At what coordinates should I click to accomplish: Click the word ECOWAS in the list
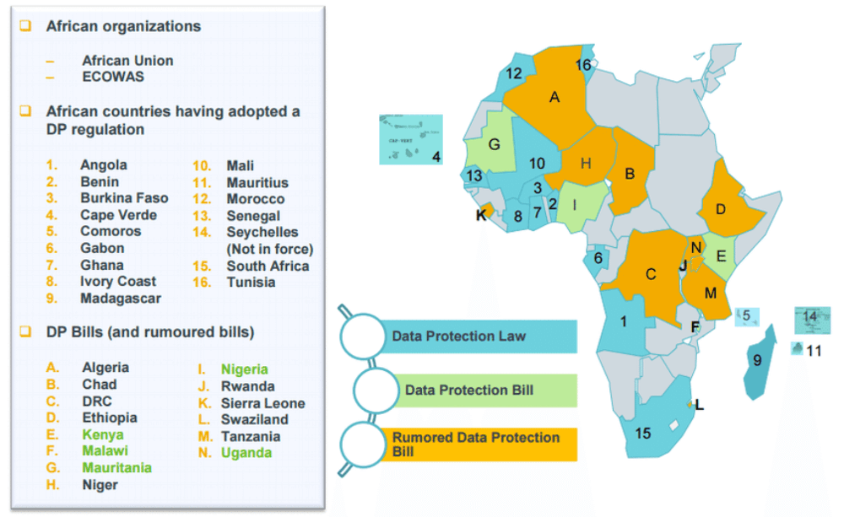(113, 77)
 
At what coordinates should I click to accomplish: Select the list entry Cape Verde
(111, 215)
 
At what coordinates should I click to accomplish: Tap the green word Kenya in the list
(103, 434)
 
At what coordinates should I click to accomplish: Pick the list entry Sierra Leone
(263, 402)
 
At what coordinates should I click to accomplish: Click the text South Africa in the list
(268, 266)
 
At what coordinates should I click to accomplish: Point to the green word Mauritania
(116, 467)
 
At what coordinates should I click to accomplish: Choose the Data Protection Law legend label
(458, 336)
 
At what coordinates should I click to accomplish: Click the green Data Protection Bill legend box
(479, 390)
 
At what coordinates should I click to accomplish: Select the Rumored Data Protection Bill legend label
(475, 444)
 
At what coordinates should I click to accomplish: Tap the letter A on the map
(555, 97)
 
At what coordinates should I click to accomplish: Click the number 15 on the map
(643, 434)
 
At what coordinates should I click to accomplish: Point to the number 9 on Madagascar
(757, 360)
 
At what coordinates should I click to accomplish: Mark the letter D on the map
(721, 208)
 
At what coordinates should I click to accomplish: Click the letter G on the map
(495, 144)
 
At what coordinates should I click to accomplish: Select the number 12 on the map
(514, 73)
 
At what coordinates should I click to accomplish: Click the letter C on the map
(650, 274)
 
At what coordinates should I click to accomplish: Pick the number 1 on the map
(624, 321)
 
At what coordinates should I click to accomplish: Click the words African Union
(127, 61)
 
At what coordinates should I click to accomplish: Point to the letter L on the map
(699, 406)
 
